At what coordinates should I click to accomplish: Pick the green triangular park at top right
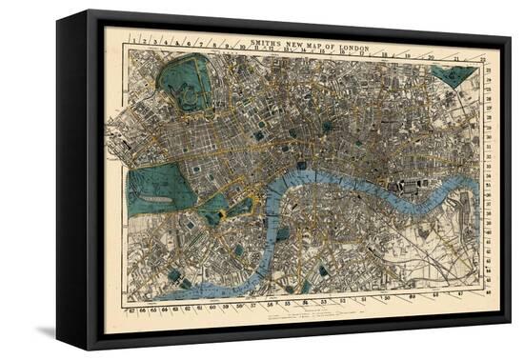point(452,74)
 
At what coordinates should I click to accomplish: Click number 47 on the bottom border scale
point(463,298)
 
